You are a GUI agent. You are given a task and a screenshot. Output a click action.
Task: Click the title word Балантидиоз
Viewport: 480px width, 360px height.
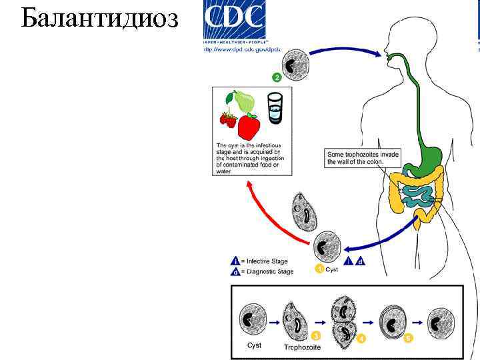coord(99,19)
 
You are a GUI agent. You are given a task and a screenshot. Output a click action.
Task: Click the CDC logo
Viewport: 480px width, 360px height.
coord(234,21)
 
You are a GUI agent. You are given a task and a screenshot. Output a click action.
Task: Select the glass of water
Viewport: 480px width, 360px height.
coord(275,108)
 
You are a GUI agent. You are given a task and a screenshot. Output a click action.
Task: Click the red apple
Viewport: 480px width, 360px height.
coord(249,126)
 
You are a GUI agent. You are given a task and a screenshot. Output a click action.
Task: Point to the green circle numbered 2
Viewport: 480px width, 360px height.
coord(276,78)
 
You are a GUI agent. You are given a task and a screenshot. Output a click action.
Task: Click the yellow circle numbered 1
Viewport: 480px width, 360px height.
coord(319,269)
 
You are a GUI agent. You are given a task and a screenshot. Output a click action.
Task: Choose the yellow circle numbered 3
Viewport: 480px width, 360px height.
coord(315,335)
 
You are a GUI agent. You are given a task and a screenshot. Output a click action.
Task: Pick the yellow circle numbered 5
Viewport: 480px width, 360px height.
coord(409,338)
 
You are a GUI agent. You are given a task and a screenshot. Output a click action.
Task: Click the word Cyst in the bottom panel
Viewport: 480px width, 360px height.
coord(254,346)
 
